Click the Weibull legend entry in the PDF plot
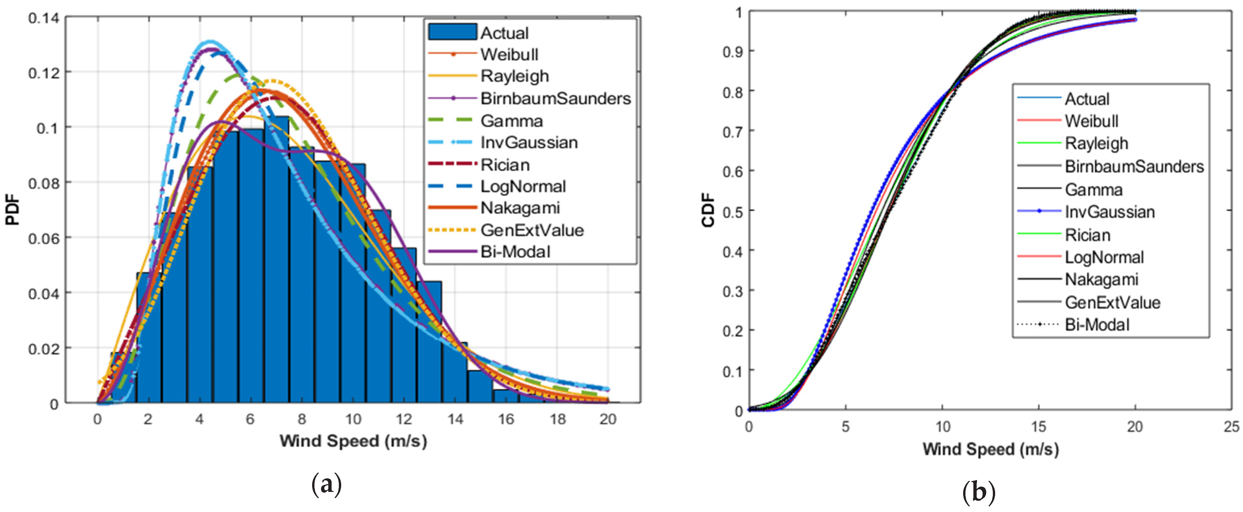(509, 54)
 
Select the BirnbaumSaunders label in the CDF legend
(1134, 166)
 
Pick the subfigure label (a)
(327, 485)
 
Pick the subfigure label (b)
(979, 493)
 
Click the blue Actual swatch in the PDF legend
(452, 32)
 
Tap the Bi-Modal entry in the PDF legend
(515, 252)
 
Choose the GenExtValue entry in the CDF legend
(1112, 302)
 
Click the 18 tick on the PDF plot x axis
(557, 419)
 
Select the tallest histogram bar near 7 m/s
(276, 260)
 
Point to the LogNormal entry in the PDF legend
(522, 186)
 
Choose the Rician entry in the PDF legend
(505, 165)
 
